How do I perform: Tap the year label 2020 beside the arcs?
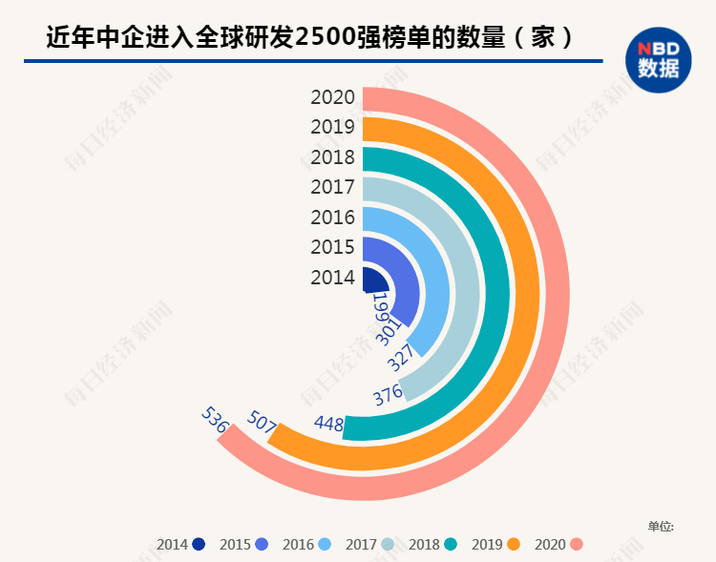coord(333,97)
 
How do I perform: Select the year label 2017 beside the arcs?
coord(333,187)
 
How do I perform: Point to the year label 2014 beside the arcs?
coord(333,278)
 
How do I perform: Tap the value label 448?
coord(327,423)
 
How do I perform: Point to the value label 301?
coord(388,332)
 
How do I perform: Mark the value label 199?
coord(380,307)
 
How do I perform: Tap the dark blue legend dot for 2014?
coord(199,545)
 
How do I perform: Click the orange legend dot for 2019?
coord(514,545)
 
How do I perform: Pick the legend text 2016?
coord(298,545)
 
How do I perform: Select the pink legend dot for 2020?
coord(576,545)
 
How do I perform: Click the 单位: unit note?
coord(661,526)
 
